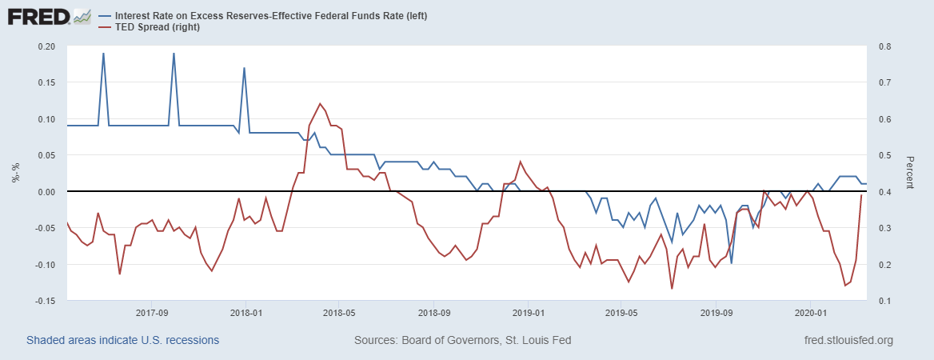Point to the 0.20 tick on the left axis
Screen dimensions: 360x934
pyautogui.click(x=46, y=46)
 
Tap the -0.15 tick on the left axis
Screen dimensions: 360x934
pyautogui.click(x=44, y=301)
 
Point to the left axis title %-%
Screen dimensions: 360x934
pyautogui.click(x=15, y=174)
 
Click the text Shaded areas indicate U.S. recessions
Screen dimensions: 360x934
pyautogui.click(x=122, y=340)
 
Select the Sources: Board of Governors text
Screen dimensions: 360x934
pyautogui.click(x=462, y=340)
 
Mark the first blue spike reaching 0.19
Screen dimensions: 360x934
pyautogui.click(x=104, y=54)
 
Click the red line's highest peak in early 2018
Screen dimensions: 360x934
pyautogui.click(x=321, y=104)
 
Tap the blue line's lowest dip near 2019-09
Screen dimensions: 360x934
pyautogui.click(x=731, y=263)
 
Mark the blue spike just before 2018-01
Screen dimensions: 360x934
pyautogui.click(x=244, y=68)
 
